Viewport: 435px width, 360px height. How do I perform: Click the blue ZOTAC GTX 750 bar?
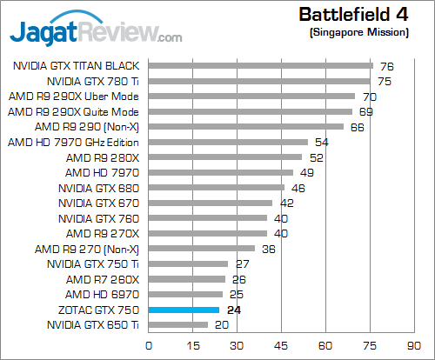click(x=184, y=310)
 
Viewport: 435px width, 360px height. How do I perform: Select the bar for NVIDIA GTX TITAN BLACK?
click(x=261, y=65)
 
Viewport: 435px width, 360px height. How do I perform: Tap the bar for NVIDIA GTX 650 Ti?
click(x=179, y=325)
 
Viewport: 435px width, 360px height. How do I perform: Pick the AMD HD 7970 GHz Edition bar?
click(x=229, y=142)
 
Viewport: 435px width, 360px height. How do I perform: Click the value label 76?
click(x=386, y=65)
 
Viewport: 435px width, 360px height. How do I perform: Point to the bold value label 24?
click(x=232, y=310)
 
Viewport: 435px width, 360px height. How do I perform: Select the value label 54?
click(x=321, y=142)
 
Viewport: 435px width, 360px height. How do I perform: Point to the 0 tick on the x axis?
click(x=150, y=343)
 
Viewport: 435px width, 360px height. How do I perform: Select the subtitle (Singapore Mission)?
click(x=358, y=32)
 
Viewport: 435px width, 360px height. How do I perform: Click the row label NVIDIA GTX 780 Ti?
click(x=96, y=81)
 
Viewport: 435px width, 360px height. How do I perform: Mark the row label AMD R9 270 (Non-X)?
click(x=87, y=249)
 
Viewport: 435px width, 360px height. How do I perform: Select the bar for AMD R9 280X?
click(x=226, y=157)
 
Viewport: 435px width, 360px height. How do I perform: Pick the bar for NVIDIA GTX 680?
click(x=217, y=188)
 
